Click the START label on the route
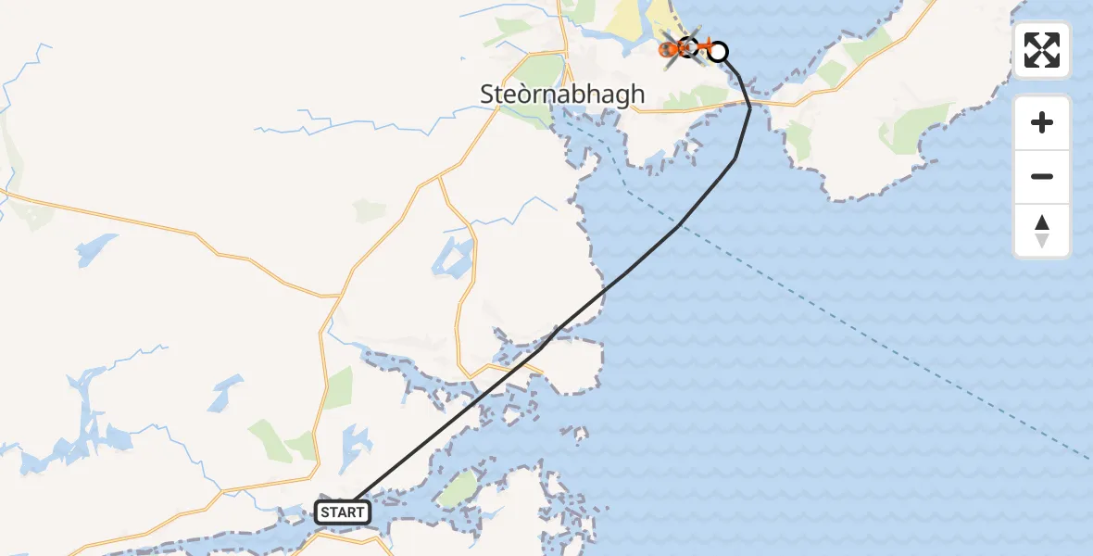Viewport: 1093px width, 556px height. (344, 512)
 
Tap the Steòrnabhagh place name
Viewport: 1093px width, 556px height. (562, 94)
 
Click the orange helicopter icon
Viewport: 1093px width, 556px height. (684, 46)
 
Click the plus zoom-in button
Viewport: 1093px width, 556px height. (1042, 123)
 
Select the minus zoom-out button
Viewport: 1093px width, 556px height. (1042, 176)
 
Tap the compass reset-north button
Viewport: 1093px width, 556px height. (1042, 231)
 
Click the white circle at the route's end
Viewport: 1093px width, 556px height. (718, 52)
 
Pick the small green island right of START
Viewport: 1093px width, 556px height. (459, 489)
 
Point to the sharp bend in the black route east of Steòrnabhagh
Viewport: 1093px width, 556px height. (750, 107)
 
